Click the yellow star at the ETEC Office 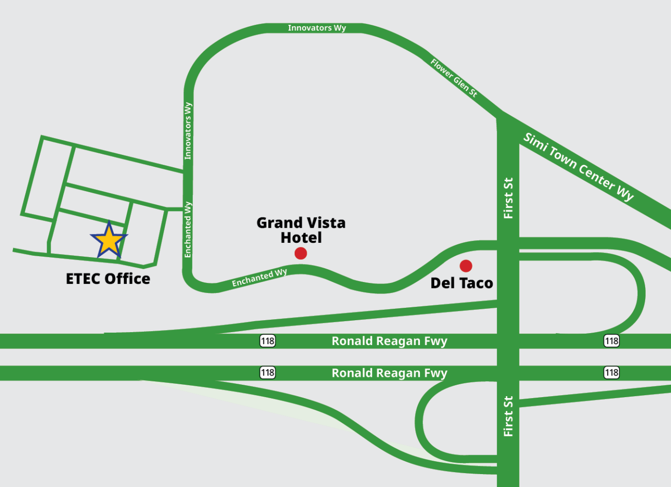point(109,240)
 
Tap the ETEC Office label point(108,279)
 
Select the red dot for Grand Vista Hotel point(301,253)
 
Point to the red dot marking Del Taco point(466,266)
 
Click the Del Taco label point(462,283)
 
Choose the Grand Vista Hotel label point(301,230)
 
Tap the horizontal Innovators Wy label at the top point(317,28)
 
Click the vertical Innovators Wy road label point(188,131)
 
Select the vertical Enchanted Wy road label point(188,229)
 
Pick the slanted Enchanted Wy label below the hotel point(259,278)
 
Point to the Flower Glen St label point(454,78)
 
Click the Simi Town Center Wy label point(579,167)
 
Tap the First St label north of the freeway point(508,198)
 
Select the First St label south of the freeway point(508,416)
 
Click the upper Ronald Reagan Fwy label point(390,341)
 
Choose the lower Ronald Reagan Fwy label point(390,373)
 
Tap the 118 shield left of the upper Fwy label point(267,341)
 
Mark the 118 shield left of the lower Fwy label point(267,373)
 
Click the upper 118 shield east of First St point(611,341)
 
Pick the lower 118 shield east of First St point(611,373)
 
